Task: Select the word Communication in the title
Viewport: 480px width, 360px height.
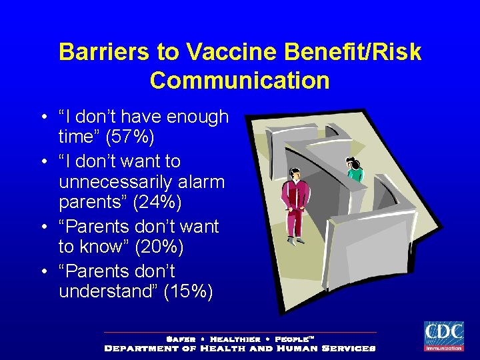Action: point(240,80)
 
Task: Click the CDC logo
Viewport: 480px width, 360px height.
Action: point(443,335)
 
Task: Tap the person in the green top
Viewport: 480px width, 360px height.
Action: point(354,169)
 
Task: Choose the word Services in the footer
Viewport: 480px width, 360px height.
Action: point(348,348)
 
